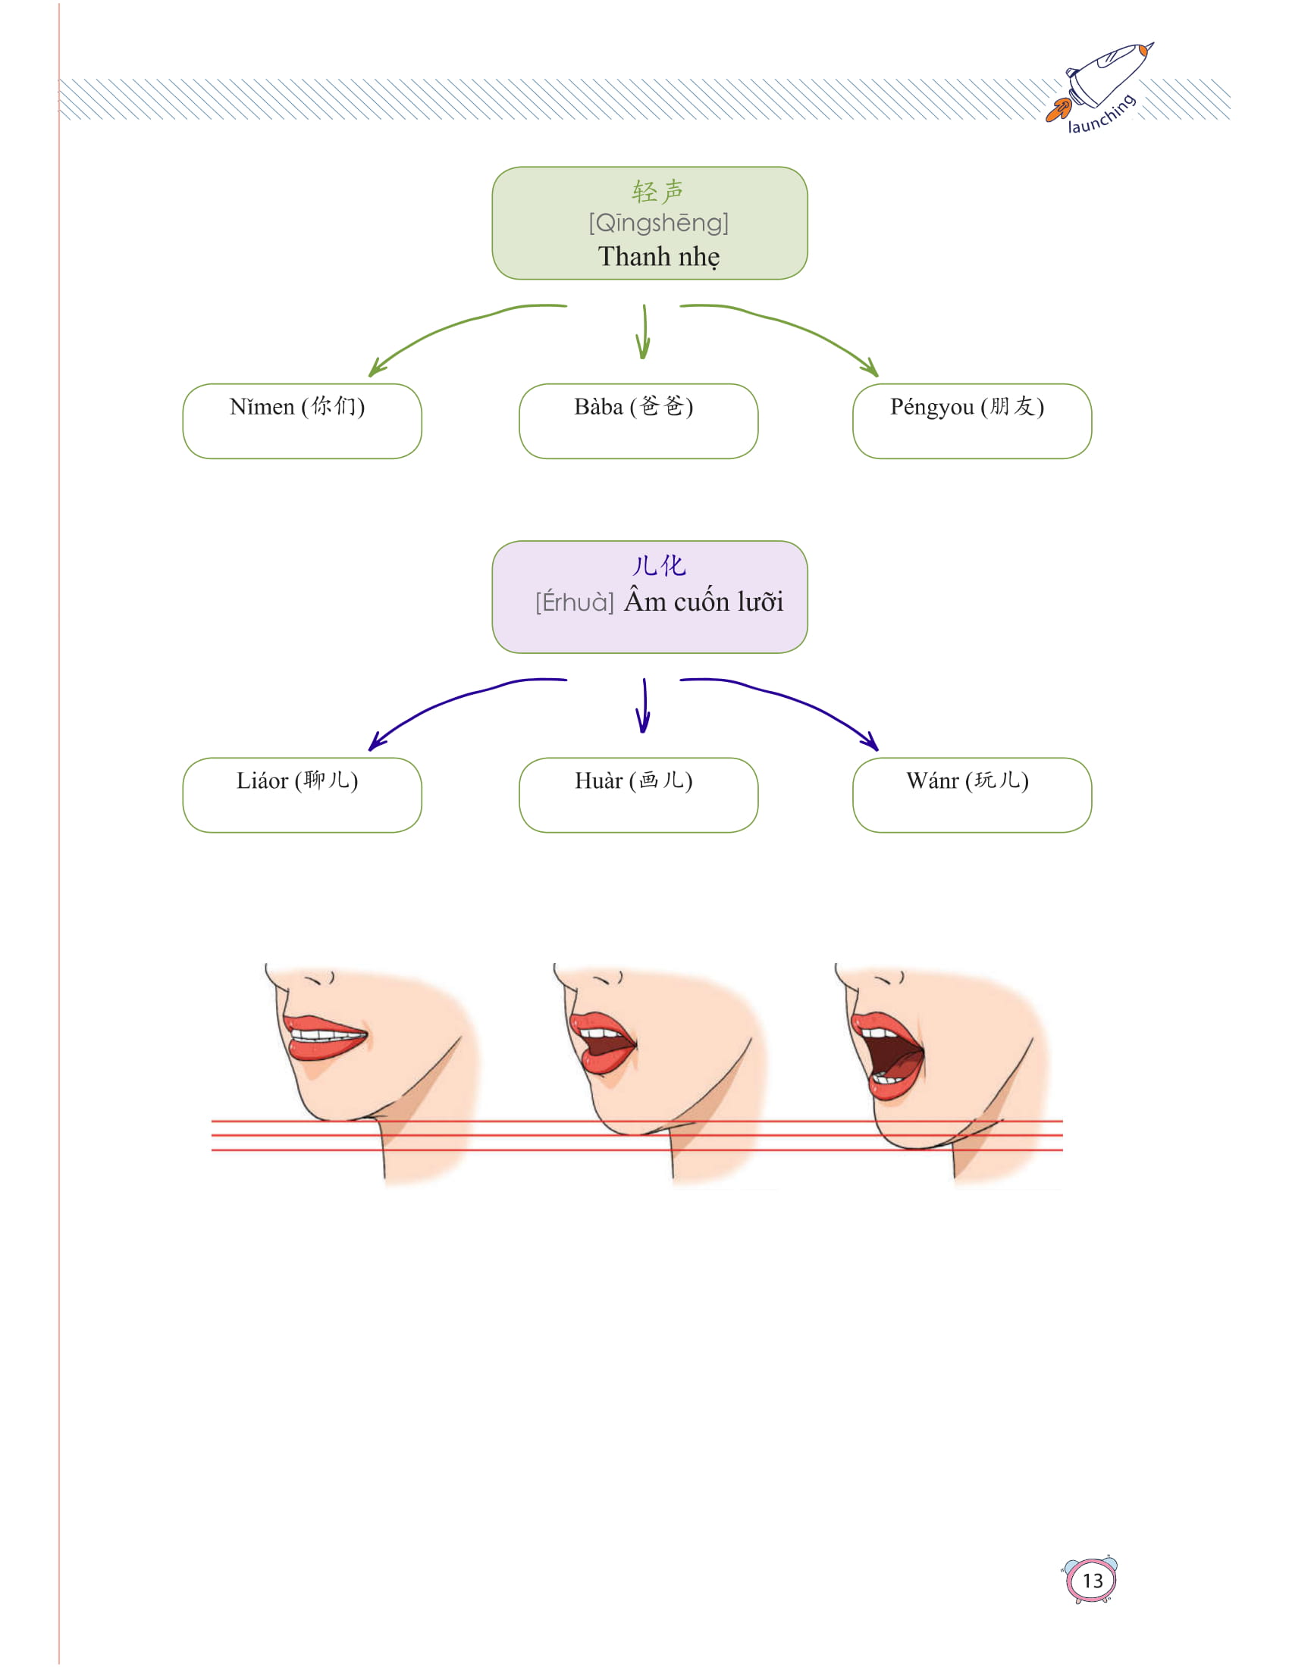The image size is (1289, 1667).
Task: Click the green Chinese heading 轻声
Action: pos(657,191)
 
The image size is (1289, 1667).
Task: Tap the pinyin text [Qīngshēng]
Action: pos(658,223)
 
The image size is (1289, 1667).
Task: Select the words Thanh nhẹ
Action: pos(658,256)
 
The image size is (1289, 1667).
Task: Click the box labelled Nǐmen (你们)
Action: pos(302,421)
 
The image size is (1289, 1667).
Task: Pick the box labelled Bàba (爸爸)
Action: pos(638,421)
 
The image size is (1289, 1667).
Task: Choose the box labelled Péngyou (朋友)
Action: pos(971,421)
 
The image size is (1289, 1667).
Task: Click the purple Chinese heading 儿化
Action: pos(658,565)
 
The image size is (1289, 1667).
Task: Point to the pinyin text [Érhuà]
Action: pos(574,602)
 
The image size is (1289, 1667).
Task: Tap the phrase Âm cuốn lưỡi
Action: pos(704,602)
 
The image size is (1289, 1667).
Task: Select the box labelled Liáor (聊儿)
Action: pos(302,795)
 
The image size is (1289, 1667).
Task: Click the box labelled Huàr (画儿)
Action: pos(638,795)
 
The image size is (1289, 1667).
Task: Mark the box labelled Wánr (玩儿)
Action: pos(971,795)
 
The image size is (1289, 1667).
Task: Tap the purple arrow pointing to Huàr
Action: pos(644,706)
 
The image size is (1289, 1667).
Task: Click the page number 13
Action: pos(1092,1580)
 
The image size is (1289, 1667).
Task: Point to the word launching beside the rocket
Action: pos(1101,114)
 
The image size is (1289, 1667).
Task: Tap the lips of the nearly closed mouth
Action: pos(325,1037)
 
